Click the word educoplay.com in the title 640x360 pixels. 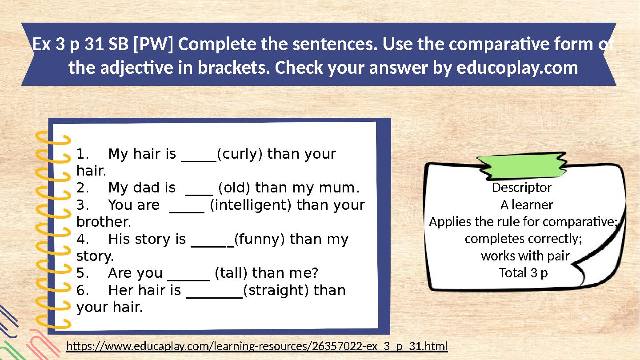pyautogui.click(x=517, y=68)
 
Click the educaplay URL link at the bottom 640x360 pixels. pyautogui.click(x=257, y=346)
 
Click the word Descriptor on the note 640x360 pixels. pyautogui.click(x=522, y=188)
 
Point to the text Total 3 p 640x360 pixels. pyautogui.click(x=523, y=273)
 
